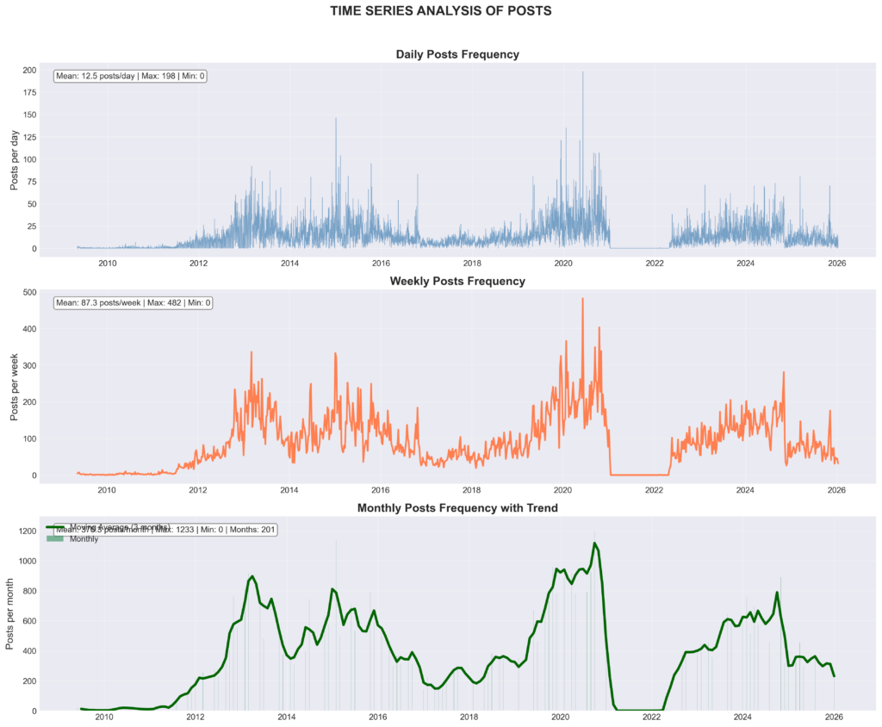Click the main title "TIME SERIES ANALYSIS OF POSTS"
(x=441, y=11)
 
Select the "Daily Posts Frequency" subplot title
(x=457, y=54)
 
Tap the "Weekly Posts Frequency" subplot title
(x=457, y=281)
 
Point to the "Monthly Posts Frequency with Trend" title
(x=457, y=508)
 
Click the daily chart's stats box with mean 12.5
(x=130, y=76)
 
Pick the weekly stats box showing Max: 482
(x=133, y=303)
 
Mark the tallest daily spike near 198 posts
(x=583, y=72)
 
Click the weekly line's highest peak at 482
(x=582, y=299)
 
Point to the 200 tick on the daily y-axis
(x=29, y=70)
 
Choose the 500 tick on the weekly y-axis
(x=29, y=293)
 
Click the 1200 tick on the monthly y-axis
(x=25, y=531)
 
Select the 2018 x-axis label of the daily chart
(x=472, y=263)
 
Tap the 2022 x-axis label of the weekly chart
(x=654, y=490)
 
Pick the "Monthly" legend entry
(x=84, y=539)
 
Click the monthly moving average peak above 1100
(x=594, y=544)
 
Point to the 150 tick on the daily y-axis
(x=29, y=115)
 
